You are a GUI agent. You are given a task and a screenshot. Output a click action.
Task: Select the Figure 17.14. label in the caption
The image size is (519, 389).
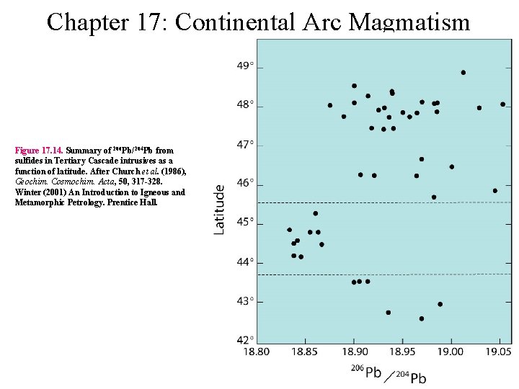40,151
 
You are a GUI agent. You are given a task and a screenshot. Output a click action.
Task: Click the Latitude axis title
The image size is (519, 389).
220,209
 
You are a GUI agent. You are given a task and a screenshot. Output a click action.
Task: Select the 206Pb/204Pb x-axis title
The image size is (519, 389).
388,374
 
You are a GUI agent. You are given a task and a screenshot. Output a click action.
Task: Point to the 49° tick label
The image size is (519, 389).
245,66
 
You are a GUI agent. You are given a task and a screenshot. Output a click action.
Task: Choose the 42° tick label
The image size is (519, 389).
245,340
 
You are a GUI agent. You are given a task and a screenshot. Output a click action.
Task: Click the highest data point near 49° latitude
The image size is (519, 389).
463,72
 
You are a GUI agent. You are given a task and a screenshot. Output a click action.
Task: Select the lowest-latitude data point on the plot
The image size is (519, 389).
422,318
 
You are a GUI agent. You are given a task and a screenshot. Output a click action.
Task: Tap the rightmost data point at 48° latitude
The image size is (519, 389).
502,104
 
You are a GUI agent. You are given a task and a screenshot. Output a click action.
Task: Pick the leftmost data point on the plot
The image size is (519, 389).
290,230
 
